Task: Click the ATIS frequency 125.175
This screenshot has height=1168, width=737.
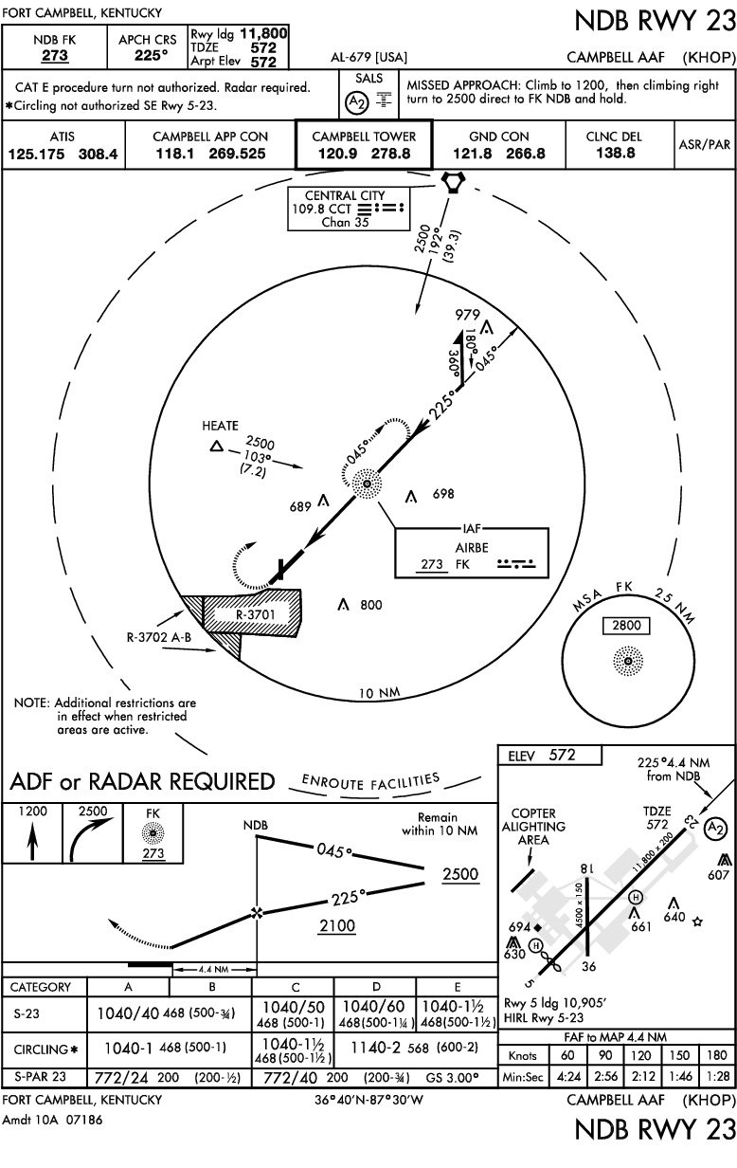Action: [36, 155]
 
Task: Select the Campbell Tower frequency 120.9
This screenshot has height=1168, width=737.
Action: [337, 154]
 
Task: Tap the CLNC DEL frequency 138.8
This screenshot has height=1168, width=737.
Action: [616, 154]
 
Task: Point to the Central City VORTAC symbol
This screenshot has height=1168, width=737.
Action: [453, 182]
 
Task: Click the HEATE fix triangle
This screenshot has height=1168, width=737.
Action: [217, 447]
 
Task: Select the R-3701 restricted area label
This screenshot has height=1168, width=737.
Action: [255, 614]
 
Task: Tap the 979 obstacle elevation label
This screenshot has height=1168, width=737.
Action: [467, 315]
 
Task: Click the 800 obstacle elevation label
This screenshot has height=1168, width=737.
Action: [370, 605]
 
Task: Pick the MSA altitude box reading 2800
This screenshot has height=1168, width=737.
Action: [626, 625]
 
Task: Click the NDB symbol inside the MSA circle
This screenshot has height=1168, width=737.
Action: [628, 661]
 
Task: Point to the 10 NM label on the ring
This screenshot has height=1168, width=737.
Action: [379, 693]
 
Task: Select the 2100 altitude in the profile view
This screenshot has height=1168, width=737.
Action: [337, 925]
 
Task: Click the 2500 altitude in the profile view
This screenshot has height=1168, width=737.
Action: [460, 874]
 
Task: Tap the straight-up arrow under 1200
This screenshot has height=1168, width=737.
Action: [32, 841]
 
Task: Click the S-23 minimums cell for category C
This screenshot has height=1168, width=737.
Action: [293, 1013]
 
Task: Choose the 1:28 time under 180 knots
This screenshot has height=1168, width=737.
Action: [718, 1076]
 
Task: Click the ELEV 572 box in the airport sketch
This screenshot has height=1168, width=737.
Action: [549, 755]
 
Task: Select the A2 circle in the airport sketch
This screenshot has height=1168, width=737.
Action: [714, 828]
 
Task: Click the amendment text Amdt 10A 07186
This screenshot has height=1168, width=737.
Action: [53, 1120]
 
